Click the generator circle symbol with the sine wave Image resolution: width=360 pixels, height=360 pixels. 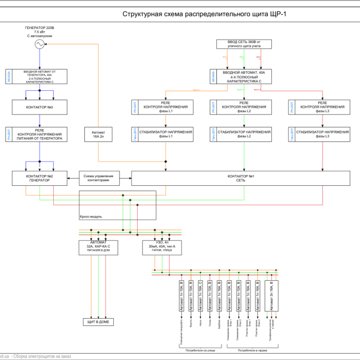pyautogui.click(x=39, y=44)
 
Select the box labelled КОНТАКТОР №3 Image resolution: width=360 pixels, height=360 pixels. pyautogui.click(x=39, y=107)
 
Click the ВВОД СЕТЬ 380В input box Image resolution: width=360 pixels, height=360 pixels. pyautogui.click(x=244, y=44)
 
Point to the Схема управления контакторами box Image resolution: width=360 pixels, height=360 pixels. pyautogui.click(x=99, y=178)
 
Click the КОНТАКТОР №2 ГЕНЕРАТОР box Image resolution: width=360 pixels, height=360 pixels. pyautogui.click(x=39, y=178)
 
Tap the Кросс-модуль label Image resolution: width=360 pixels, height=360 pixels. pyautogui.click(x=91, y=216)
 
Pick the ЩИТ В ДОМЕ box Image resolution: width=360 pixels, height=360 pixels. pyautogui.click(x=98, y=322)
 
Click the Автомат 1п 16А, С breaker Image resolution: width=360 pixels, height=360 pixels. pyautogui.click(x=201, y=296)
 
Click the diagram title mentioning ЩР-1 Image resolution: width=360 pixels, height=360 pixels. pyautogui.click(x=204, y=14)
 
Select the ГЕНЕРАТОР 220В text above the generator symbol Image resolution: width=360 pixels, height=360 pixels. pyautogui.click(x=39, y=28)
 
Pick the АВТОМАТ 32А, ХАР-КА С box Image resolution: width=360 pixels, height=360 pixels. pyautogui.click(x=98, y=247)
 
